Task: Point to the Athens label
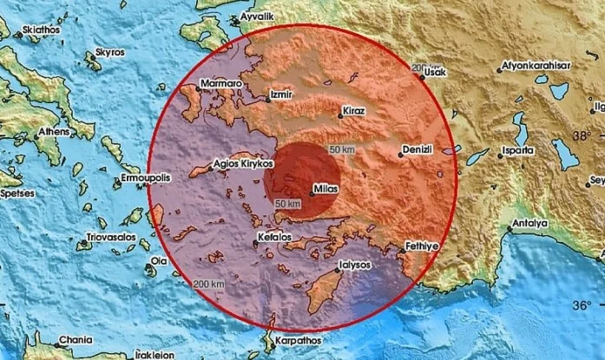coord(54,133)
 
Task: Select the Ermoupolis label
coord(144,176)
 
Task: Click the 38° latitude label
coord(582,135)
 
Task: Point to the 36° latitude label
coord(583,304)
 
